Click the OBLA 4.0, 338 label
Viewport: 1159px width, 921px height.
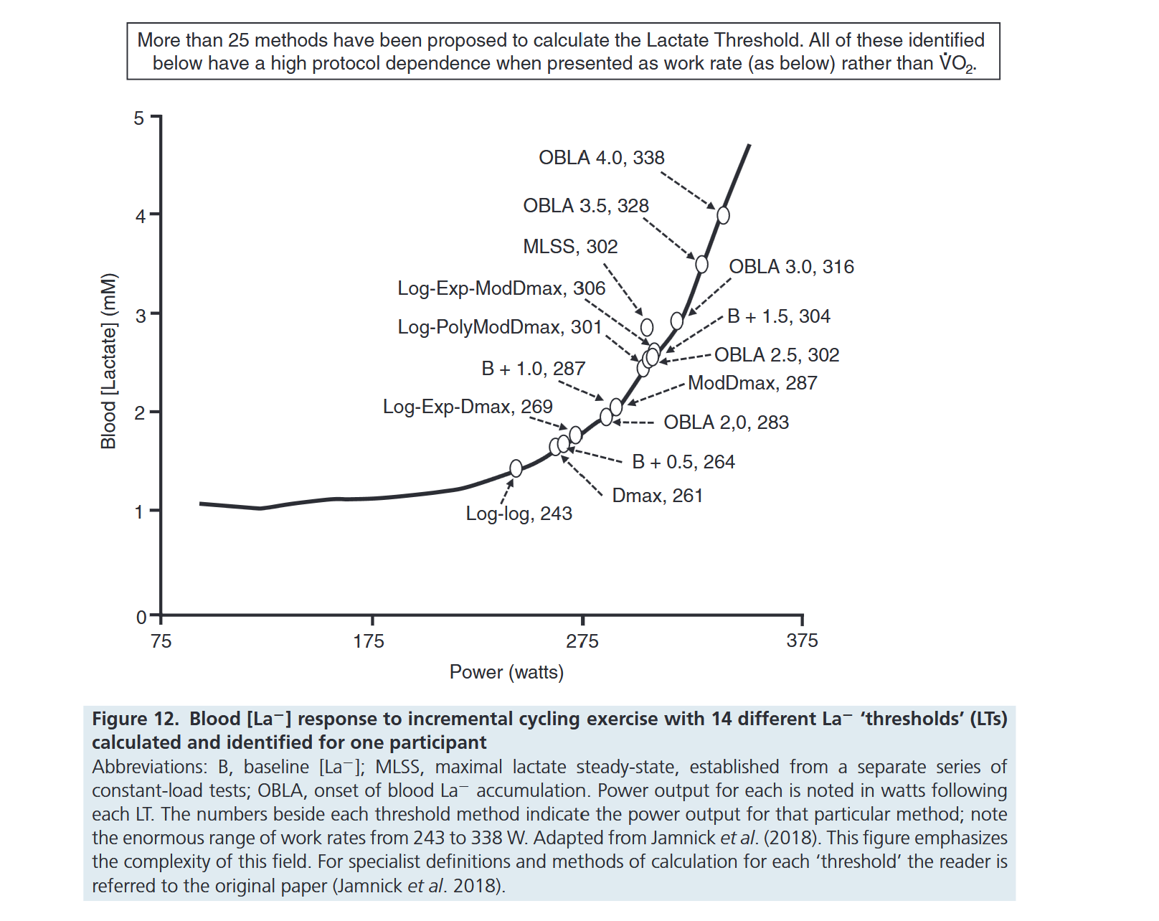pos(601,158)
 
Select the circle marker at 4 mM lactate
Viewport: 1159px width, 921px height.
pos(723,215)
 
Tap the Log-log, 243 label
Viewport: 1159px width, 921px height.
pos(519,514)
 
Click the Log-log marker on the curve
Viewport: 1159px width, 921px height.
pos(516,468)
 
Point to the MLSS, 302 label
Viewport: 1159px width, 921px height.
pos(570,247)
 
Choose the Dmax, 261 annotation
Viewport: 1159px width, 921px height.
pos(657,496)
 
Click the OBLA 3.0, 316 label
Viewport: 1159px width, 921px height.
pos(791,267)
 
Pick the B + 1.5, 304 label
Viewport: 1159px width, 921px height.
pos(778,316)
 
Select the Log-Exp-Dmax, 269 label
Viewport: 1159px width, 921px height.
pos(468,407)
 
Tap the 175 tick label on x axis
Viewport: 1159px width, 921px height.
pos(369,641)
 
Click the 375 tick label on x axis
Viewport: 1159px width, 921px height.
pos(802,641)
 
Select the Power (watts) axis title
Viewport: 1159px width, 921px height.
pos(506,672)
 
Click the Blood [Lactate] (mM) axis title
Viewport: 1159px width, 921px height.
pos(108,361)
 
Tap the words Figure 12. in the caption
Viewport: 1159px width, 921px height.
pos(136,719)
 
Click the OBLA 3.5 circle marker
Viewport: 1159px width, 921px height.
pos(701,265)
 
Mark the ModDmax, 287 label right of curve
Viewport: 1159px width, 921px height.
pos(752,383)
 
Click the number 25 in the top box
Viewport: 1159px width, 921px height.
pos(238,40)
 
